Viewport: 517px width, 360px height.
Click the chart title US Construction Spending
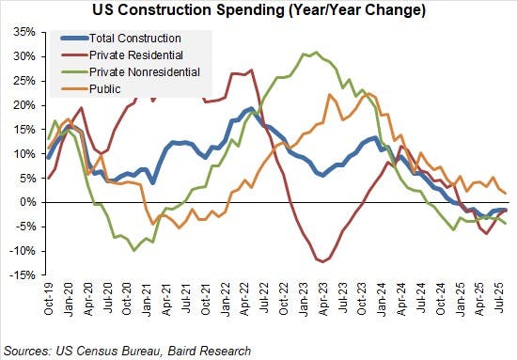[x=258, y=11]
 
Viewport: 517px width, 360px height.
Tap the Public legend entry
[x=107, y=88]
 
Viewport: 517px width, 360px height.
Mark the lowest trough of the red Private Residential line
[x=323, y=261]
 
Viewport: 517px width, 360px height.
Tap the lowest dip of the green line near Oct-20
[x=135, y=250]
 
